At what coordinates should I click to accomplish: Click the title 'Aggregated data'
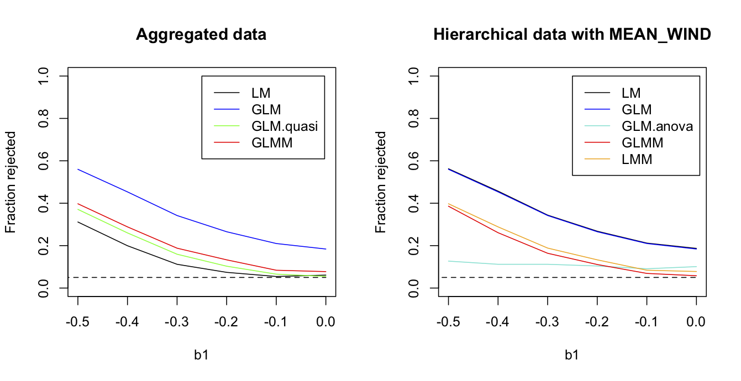pos(201,35)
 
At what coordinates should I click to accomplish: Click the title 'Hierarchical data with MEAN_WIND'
pos(571,35)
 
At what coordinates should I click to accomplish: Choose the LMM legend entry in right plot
pos(637,160)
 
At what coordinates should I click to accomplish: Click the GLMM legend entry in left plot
pos(271,142)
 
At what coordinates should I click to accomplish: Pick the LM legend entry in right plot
pos(630,93)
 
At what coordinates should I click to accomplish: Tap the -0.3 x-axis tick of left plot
pos(177,321)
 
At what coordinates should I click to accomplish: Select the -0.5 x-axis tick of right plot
pos(448,321)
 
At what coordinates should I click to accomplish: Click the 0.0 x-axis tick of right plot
pos(696,321)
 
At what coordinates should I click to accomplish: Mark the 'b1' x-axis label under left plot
pos(201,354)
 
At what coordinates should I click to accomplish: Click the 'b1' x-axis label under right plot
pos(571,354)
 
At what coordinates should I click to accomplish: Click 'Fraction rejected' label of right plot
pos(381,182)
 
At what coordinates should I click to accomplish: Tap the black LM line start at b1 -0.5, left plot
pos(78,222)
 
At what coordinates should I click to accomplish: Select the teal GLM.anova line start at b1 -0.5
pos(448,261)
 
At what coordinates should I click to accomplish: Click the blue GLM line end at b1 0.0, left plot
pos(325,249)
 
